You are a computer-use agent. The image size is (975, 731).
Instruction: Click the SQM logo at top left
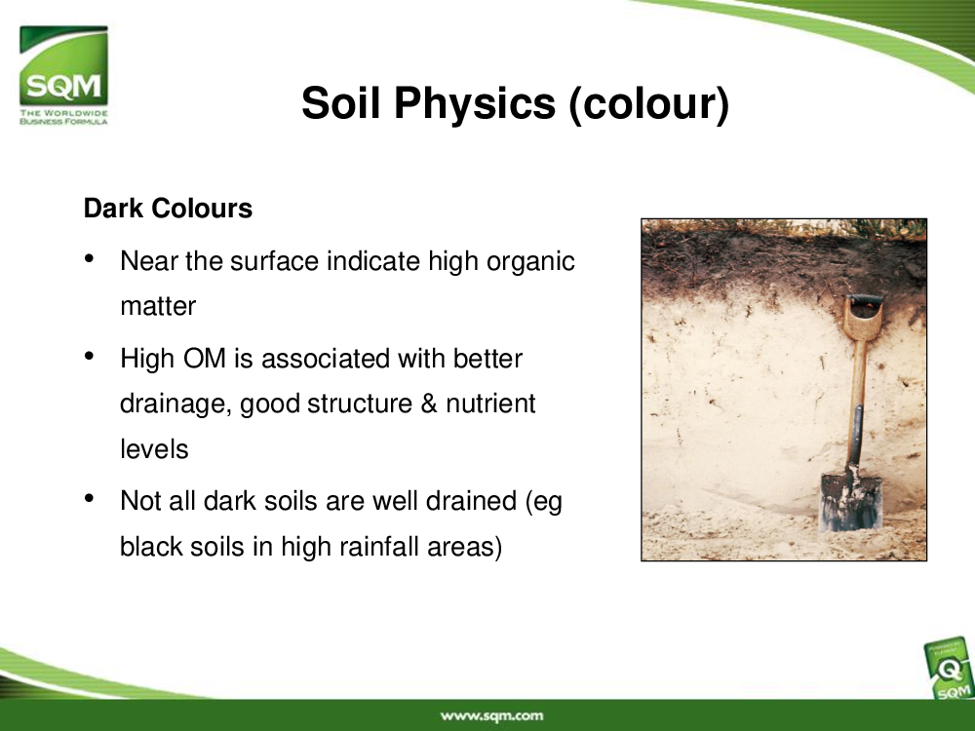click(63, 75)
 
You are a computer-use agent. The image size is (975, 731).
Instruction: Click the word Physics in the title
click(475, 103)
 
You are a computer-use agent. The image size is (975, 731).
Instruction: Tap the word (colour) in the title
click(648, 103)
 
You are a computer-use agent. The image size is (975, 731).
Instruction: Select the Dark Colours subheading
click(168, 209)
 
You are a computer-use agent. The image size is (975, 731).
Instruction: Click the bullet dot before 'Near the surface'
click(90, 258)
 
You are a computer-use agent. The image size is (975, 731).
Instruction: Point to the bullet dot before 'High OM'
click(90, 356)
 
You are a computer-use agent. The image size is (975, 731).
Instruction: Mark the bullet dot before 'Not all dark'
click(90, 498)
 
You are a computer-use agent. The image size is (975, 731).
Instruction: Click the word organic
click(530, 262)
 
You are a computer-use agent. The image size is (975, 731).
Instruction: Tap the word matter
click(158, 306)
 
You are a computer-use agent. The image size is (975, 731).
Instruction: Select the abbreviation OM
click(204, 359)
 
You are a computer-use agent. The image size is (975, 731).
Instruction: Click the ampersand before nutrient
click(429, 404)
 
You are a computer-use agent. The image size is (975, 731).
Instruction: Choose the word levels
click(154, 448)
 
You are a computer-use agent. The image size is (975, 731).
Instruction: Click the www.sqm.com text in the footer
click(491, 716)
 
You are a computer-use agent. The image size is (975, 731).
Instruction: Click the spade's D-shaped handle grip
click(863, 316)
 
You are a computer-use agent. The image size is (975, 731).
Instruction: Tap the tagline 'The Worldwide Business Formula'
click(63, 117)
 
